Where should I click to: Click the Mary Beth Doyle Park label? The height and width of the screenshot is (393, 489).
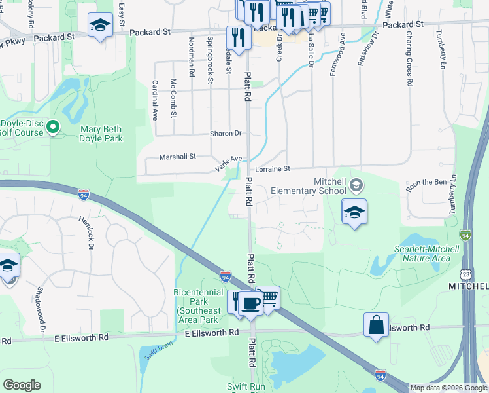click(101, 134)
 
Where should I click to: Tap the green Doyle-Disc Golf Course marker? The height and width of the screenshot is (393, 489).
click(53, 127)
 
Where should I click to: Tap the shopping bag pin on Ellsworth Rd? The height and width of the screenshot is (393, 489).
click(377, 326)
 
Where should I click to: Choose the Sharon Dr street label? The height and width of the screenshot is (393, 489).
click(226, 134)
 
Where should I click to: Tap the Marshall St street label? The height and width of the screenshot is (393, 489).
click(178, 157)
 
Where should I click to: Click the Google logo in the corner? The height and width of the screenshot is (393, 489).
click(22, 384)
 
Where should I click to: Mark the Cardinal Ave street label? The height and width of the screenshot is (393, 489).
click(155, 100)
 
